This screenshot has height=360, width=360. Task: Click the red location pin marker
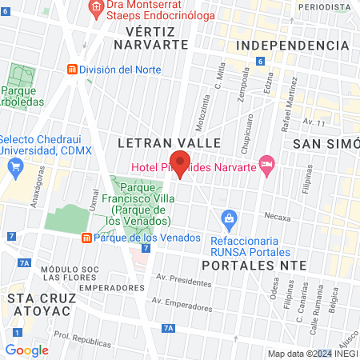(x=181, y=164)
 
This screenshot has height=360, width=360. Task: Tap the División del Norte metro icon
(x=73, y=70)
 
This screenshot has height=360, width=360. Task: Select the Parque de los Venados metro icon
(x=86, y=238)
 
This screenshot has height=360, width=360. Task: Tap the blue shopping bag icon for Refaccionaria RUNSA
(x=229, y=218)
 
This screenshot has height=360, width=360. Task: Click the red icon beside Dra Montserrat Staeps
(x=96, y=7)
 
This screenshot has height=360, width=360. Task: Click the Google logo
(x=26, y=350)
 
